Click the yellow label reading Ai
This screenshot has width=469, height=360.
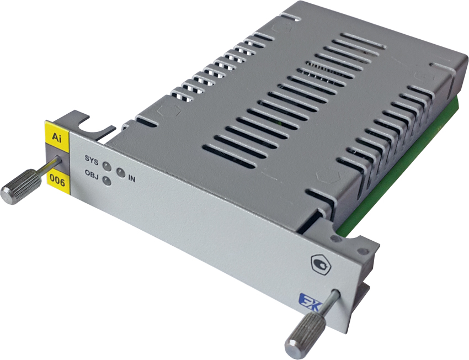coord(57,133)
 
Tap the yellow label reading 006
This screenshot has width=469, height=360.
coord(58,181)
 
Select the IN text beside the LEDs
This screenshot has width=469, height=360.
coord(132,179)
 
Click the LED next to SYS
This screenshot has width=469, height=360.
coord(107,166)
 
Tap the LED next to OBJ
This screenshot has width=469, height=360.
coord(107,181)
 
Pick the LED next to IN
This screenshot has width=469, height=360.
coord(120,173)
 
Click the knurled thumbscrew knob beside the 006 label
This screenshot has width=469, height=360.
coord(21,187)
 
